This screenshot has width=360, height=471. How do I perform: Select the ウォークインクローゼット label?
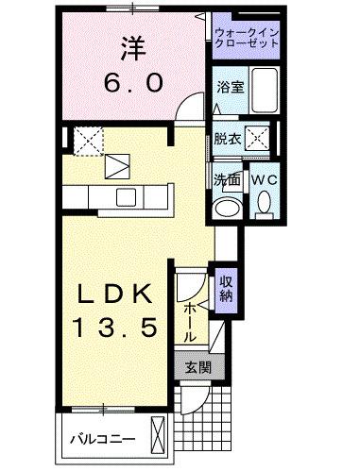(246, 38)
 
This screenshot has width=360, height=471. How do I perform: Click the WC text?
(263, 177)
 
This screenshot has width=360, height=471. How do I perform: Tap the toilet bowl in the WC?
(264, 201)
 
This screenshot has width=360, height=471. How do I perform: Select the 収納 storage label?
(227, 288)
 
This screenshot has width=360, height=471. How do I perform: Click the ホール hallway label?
(192, 320)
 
